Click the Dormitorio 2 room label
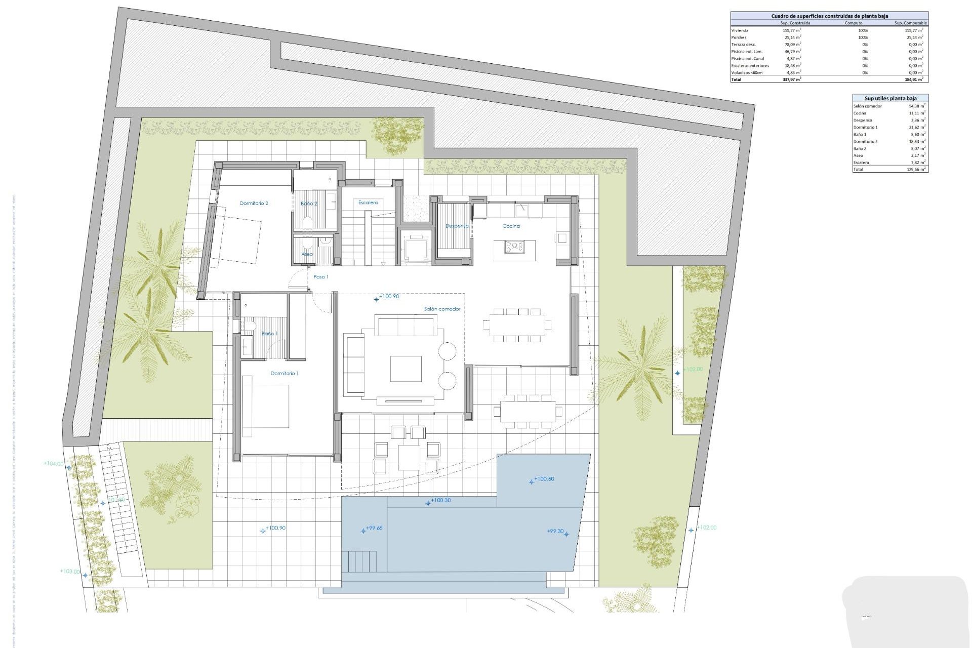coord(254,204)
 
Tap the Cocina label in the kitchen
coord(511,226)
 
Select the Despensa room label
coord(457,226)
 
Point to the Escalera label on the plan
coord(368,202)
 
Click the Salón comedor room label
coord(442,309)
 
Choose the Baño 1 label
coord(269,334)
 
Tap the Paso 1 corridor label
coord(321,277)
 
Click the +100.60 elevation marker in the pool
coord(544,479)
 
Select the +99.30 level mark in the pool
coord(555,531)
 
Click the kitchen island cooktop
coord(514,247)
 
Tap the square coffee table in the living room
coord(406,369)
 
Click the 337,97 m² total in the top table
coord(791,79)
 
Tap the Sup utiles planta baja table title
coord(889,98)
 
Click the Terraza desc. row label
coord(743,45)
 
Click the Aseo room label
coord(307,254)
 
